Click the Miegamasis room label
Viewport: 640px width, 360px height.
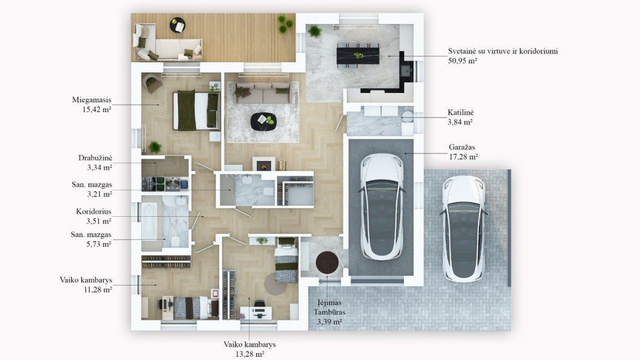coord(92,100)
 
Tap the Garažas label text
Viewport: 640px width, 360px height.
coord(462,147)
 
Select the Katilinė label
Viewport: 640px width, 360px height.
coord(461,112)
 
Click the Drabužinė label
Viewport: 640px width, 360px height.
coord(95,158)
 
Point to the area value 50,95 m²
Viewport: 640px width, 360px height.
coord(462,61)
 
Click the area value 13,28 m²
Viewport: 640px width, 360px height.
coord(250,354)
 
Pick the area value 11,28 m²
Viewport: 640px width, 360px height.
coord(97,290)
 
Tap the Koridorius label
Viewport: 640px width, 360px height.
coord(94,212)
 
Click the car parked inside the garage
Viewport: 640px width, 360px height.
coord(382,207)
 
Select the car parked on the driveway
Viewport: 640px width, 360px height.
coord(464,229)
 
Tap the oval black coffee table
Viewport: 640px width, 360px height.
coord(263,122)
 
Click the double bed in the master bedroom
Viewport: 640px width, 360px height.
coord(196,111)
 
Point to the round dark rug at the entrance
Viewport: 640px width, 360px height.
coord(327,263)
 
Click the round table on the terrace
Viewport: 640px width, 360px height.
coord(178,25)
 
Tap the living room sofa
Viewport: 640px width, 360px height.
coord(262,93)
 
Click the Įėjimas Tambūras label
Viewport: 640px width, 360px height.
coord(329,308)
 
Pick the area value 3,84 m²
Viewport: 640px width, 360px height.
coord(460,122)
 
